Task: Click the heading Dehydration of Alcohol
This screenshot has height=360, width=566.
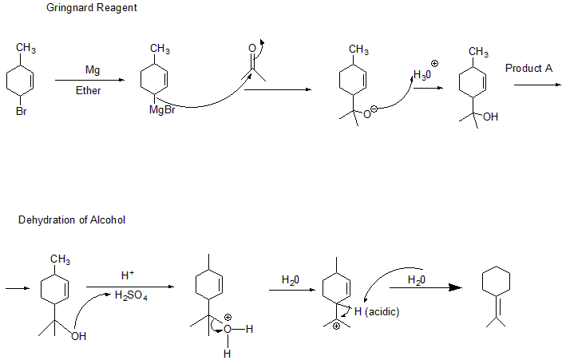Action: point(72,220)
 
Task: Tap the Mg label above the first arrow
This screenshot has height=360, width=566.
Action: point(93,70)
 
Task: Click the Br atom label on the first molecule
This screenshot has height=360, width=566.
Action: point(21,112)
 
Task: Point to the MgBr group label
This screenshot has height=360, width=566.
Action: point(162,110)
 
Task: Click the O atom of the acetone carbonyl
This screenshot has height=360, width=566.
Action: point(252,49)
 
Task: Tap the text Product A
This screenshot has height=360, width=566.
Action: point(528,69)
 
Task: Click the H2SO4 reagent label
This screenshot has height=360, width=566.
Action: point(129,296)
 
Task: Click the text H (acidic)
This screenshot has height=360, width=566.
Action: point(377,311)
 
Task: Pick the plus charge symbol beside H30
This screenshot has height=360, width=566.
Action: point(435,62)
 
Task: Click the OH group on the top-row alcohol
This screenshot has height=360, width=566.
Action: point(490,117)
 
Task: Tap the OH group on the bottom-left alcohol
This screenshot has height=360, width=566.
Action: point(78,336)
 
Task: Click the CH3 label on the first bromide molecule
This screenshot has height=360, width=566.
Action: point(26,49)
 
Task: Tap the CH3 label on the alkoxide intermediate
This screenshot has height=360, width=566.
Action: point(358,50)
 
